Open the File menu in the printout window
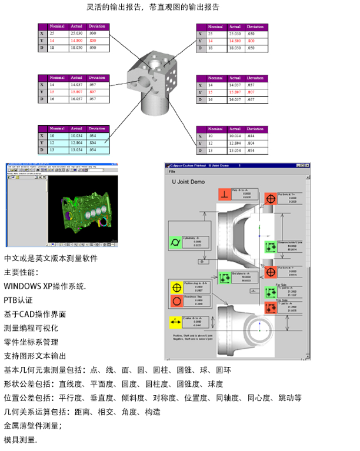[172, 171]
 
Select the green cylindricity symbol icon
[175, 242]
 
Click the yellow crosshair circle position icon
[175, 288]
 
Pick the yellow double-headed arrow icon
[175, 322]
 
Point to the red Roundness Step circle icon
[175, 301]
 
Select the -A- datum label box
[251, 290]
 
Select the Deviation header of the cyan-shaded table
[96, 128]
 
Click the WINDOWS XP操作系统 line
[45, 286]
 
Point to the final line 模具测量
[21, 439]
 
